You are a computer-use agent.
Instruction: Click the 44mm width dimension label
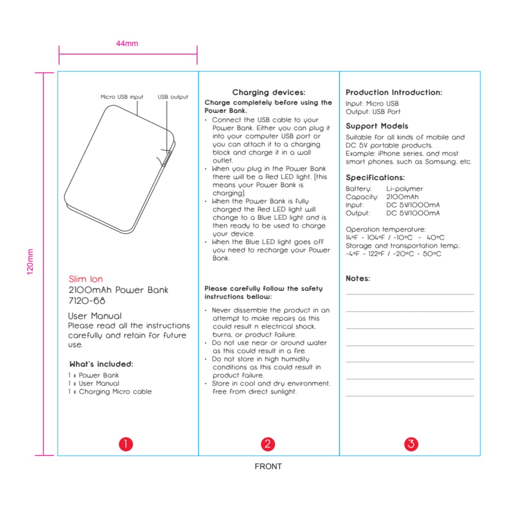tap(127, 44)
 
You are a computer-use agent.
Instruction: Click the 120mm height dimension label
tap(30, 262)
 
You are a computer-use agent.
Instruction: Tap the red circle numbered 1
tap(126, 444)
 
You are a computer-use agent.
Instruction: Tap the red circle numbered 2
tap(268, 444)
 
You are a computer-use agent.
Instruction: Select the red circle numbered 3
tap(411, 444)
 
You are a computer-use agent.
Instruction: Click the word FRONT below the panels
tap(268, 466)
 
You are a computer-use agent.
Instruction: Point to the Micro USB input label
tap(122, 97)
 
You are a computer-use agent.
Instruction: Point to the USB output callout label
tap(173, 97)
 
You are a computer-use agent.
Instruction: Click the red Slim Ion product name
tap(86, 279)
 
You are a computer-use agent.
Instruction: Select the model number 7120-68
tap(87, 301)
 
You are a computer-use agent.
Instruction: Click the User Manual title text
tap(95, 316)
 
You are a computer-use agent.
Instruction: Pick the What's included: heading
tap(101, 365)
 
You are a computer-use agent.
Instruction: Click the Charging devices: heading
tap(269, 92)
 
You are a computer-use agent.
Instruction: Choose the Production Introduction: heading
tap(394, 92)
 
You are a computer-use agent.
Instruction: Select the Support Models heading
tap(377, 126)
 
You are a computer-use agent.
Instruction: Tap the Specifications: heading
tap(375, 178)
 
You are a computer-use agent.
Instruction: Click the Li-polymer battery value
tap(405, 189)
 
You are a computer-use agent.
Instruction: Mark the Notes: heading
tap(358, 279)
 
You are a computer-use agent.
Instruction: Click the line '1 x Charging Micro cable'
tap(110, 392)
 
